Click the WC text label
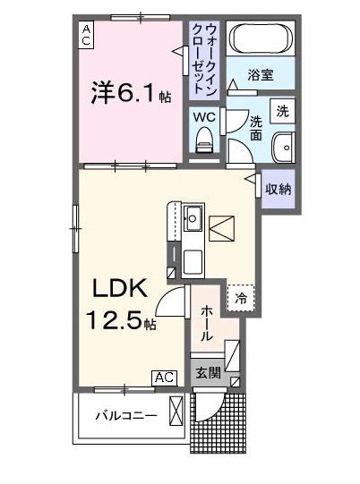[202, 116]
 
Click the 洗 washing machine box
[282, 111]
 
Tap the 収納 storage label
[278, 189]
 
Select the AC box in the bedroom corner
[87, 36]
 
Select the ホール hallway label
[206, 322]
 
